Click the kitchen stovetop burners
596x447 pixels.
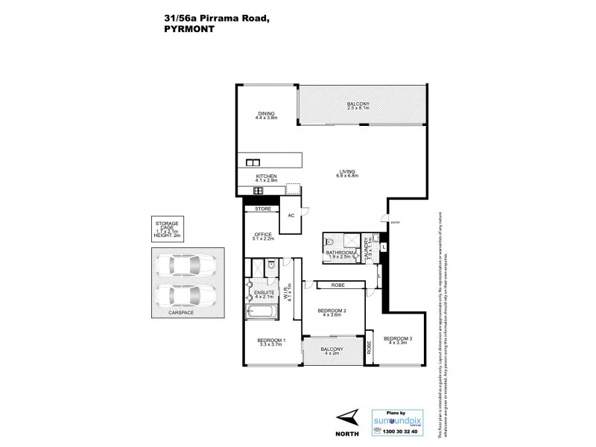click(259, 191)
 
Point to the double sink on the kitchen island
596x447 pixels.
click(252, 162)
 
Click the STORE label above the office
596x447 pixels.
click(262, 209)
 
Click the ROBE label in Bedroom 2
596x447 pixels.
click(337, 284)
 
